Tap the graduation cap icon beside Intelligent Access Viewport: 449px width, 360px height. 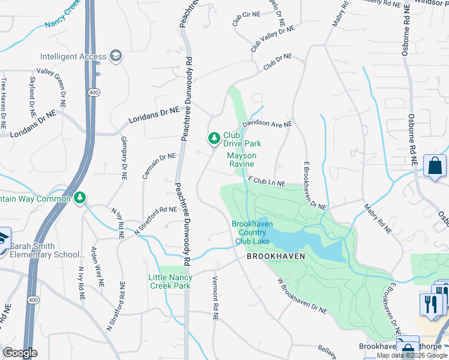tap(116, 56)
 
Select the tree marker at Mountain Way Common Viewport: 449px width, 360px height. tap(80, 198)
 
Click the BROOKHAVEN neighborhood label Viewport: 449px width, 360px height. tap(276, 256)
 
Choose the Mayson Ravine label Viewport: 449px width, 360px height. tap(241, 160)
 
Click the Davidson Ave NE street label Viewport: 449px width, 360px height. tap(267, 124)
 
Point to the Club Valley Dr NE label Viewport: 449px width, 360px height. tap(273, 37)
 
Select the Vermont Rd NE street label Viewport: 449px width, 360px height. tap(214, 298)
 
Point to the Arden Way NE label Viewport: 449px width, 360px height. tap(96, 265)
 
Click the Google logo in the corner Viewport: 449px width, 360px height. tap(20, 353)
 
